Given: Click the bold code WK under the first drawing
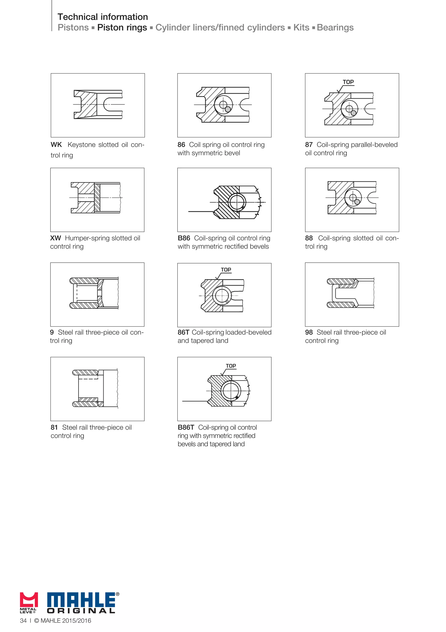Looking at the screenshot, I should click(x=56, y=145).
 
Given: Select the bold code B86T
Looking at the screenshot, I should click(x=186, y=428).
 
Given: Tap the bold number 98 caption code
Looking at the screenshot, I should click(x=309, y=333).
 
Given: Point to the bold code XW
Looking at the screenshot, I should click(x=56, y=238).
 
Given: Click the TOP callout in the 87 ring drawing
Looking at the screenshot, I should click(x=348, y=82).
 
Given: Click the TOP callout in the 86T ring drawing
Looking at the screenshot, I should click(x=226, y=270).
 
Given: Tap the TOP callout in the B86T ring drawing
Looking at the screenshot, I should click(x=231, y=366).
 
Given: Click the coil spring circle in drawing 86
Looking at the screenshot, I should click(x=223, y=105).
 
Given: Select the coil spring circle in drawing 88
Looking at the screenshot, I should click(x=353, y=198).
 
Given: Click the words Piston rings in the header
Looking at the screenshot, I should click(x=122, y=27).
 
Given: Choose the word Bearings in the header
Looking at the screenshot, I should click(x=335, y=27).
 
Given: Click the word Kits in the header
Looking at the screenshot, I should click(x=301, y=27).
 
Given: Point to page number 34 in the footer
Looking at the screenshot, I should click(x=23, y=620).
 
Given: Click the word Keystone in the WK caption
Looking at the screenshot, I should click(x=81, y=145).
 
